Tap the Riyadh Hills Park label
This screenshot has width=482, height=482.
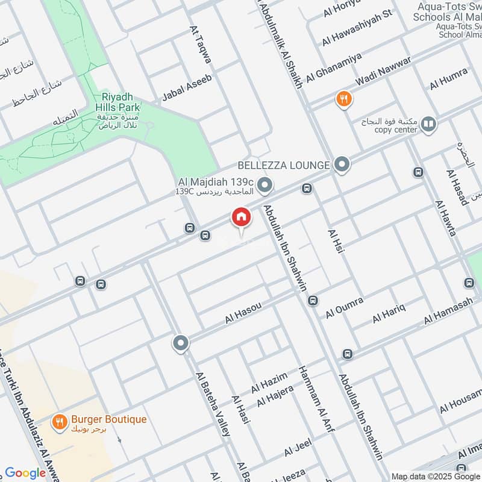point(120,102)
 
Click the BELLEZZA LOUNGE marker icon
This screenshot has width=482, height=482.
point(342,164)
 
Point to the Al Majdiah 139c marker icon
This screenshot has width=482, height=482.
point(264,184)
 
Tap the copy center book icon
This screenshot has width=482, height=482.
point(428,125)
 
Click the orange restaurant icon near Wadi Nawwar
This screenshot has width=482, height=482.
point(344,99)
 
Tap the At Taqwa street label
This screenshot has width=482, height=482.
point(201,45)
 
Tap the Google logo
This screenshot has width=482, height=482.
point(25,473)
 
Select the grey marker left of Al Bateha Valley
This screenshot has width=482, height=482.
point(180,344)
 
